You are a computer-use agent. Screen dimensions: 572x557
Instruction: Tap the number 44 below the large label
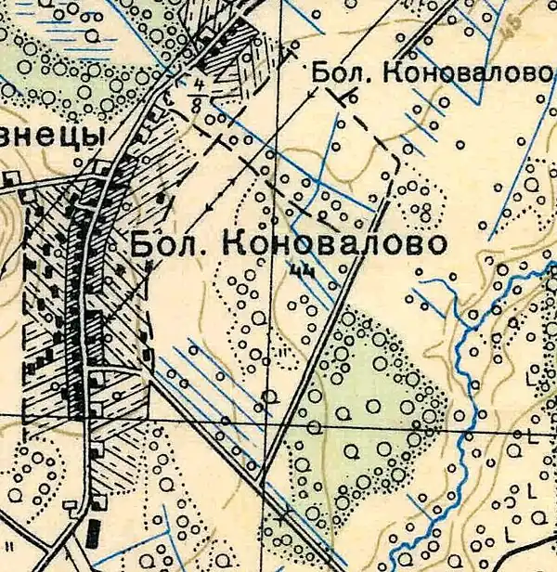pyautogui.click(x=300, y=271)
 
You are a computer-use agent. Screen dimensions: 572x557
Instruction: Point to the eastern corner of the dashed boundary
pyautogui.click(x=398, y=159)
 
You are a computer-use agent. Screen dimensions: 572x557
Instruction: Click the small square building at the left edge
pyautogui.click(x=11, y=179)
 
